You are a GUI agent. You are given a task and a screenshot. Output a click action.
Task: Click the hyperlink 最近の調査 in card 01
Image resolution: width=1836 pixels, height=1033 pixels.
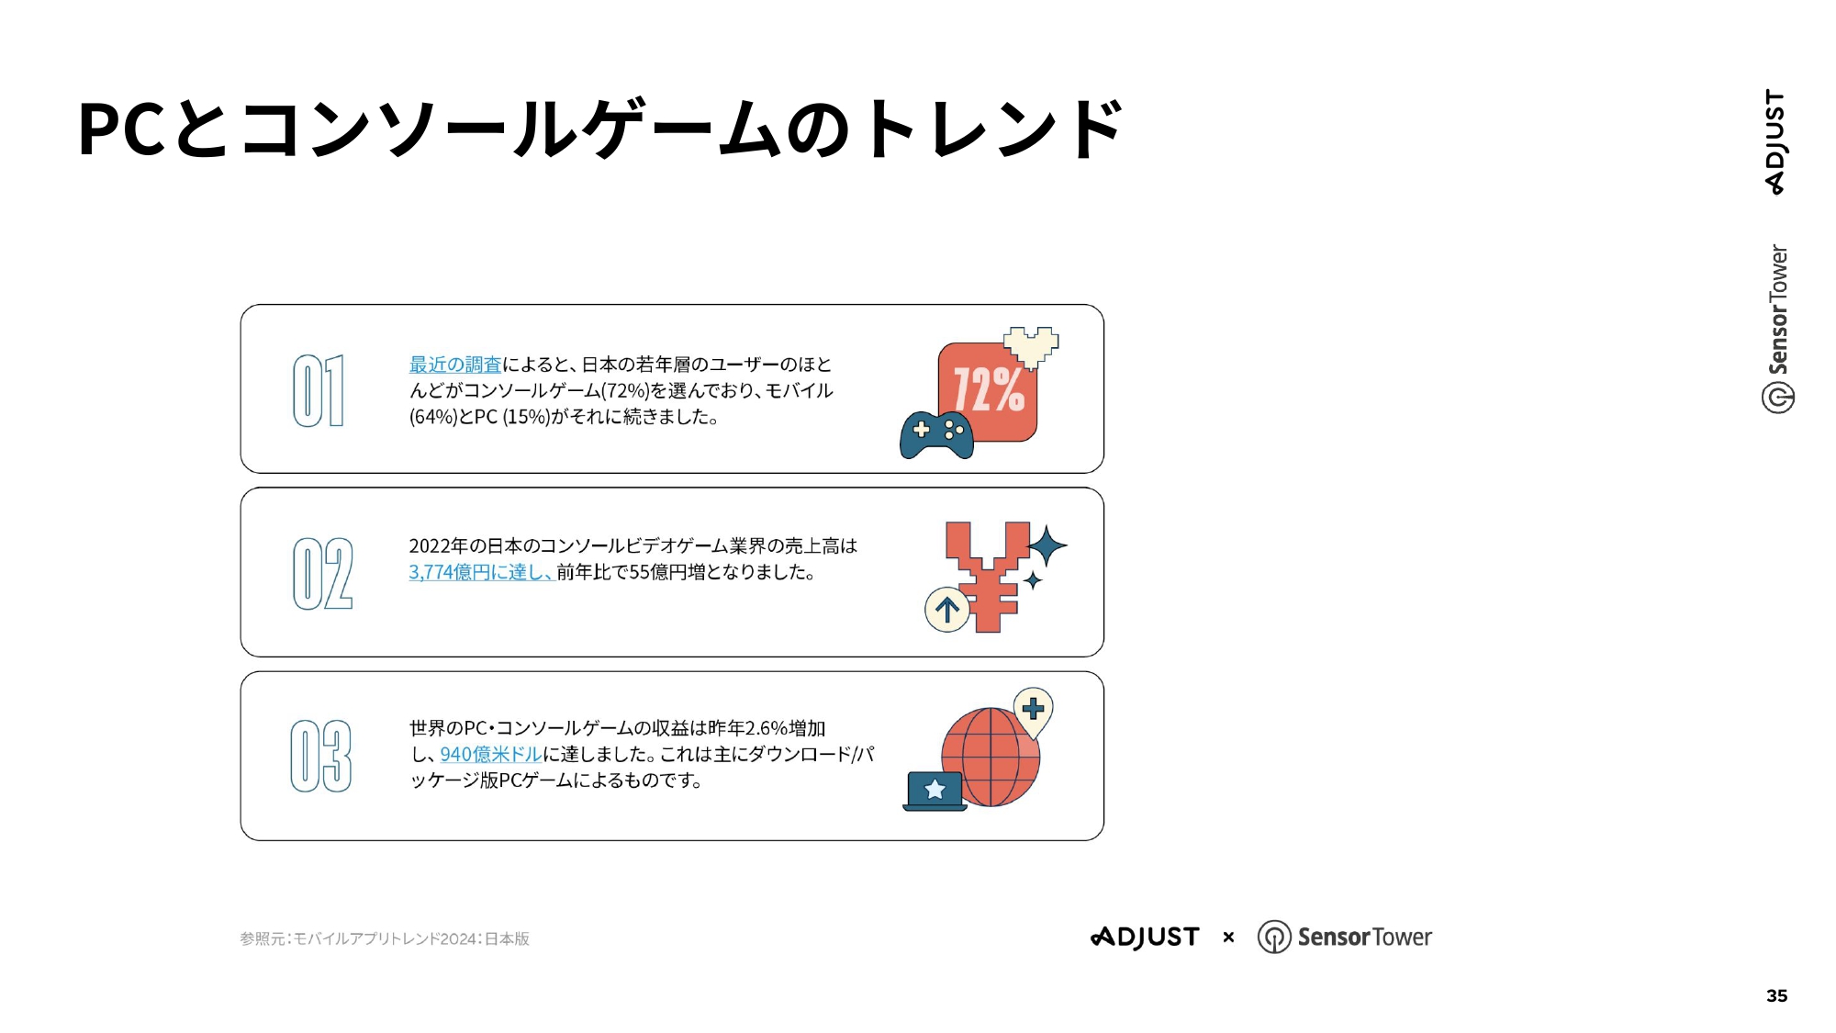455,365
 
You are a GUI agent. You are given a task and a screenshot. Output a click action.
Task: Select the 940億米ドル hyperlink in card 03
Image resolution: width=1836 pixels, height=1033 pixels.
491,754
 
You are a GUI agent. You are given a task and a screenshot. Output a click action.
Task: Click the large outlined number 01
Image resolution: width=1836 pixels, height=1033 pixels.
319,390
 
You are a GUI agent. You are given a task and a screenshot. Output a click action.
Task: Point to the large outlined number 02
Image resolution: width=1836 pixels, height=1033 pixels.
322,574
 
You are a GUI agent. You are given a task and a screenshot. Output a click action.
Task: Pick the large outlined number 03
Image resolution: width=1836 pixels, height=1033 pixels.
321,756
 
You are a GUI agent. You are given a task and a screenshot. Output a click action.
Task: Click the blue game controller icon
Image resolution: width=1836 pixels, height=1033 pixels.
936,435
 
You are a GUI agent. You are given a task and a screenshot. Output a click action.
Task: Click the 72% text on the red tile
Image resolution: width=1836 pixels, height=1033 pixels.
989,389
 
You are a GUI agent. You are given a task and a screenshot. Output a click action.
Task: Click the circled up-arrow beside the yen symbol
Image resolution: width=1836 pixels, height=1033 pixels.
947,610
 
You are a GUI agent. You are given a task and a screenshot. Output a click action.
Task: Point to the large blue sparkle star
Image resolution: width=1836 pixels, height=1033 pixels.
1047,546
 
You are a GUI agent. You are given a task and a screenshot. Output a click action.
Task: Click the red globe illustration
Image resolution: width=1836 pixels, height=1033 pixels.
991,757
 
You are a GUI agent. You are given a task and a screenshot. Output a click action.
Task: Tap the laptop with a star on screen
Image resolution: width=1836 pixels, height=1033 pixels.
935,791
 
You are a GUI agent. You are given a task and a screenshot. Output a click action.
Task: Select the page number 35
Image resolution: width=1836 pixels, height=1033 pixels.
1776,995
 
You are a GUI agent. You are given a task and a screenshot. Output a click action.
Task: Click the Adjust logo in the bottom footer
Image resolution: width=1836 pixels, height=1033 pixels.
1145,937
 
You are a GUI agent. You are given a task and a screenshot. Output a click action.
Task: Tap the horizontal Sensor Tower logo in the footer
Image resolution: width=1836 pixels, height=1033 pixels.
1344,937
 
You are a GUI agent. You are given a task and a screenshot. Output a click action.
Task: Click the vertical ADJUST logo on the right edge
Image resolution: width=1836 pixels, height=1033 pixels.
1775,141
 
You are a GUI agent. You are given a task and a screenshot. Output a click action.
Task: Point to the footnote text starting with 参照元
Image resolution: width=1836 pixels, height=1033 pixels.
385,938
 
